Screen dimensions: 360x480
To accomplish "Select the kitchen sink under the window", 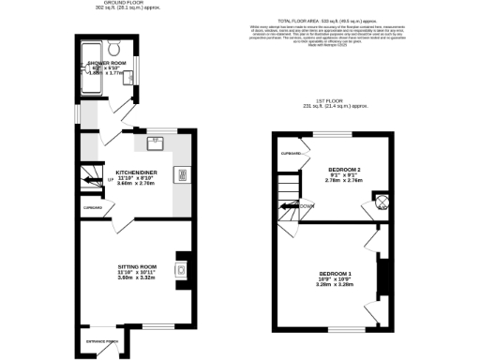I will [x=155, y=143].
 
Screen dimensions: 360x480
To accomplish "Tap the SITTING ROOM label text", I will [x=137, y=267].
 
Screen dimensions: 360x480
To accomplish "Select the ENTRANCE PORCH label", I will [x=97, y=341].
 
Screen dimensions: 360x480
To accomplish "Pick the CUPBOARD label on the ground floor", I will [x=92, y=207].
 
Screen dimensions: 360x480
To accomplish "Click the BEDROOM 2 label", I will [x=346, y=168].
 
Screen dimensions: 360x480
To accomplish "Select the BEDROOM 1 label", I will [x=335, y=274].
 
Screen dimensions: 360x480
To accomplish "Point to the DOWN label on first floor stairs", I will [x=306, y=205].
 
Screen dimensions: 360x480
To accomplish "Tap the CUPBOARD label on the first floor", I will [x=292, y=153].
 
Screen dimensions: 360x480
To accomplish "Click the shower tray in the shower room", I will [x=93, y=69].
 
